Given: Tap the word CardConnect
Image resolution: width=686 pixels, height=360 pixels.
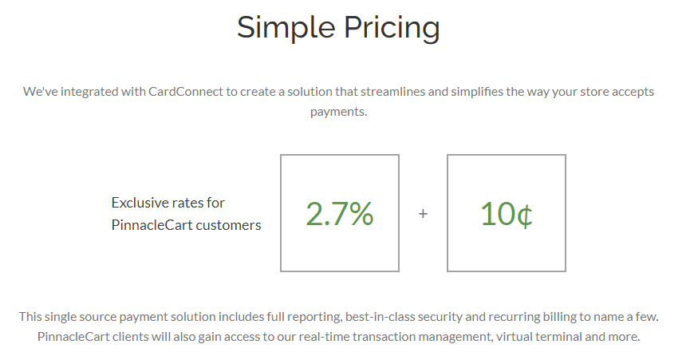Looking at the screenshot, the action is point(186,92).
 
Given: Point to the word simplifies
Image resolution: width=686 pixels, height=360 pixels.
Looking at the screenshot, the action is point(476,92).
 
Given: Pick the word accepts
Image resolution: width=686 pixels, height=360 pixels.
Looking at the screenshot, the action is point(633,92).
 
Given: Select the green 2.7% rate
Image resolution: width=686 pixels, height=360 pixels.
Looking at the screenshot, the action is point(340,214).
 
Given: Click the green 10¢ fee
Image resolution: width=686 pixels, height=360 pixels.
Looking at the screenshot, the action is point(507,214).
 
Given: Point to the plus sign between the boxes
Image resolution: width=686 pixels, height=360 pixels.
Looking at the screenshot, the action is point(423,213).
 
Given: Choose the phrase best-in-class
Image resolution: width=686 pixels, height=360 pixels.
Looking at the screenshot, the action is point(380,317).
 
